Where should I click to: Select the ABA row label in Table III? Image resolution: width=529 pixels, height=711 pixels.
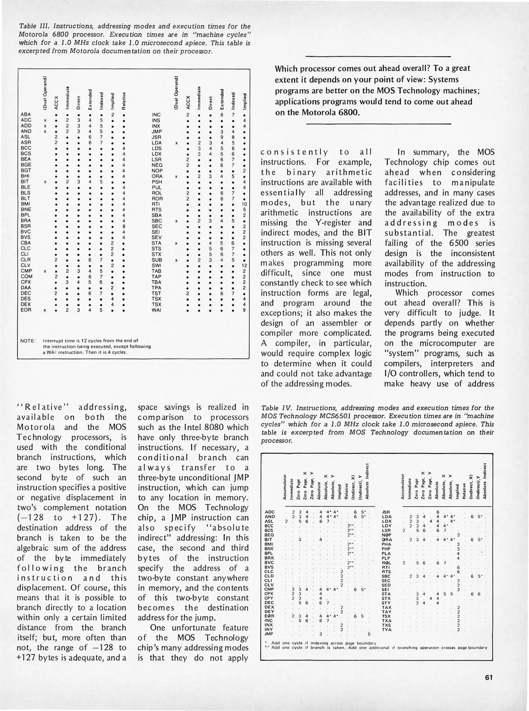(26, 115)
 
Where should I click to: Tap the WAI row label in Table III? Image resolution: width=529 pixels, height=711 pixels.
(156, 310)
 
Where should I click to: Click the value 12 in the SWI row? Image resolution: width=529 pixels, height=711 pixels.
(244, 265)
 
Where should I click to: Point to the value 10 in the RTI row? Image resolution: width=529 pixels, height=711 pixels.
(244, 204)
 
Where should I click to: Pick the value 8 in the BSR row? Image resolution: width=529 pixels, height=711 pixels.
(123, 226)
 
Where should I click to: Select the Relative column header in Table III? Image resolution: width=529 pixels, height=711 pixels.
(124, 100)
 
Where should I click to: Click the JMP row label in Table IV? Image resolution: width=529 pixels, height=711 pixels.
(269, 633)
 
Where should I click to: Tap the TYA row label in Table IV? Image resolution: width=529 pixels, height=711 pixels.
(386, 629)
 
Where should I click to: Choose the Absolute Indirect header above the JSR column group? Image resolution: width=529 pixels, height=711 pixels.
(484, 481)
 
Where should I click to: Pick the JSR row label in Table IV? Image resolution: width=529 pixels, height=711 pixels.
(386, 512)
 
